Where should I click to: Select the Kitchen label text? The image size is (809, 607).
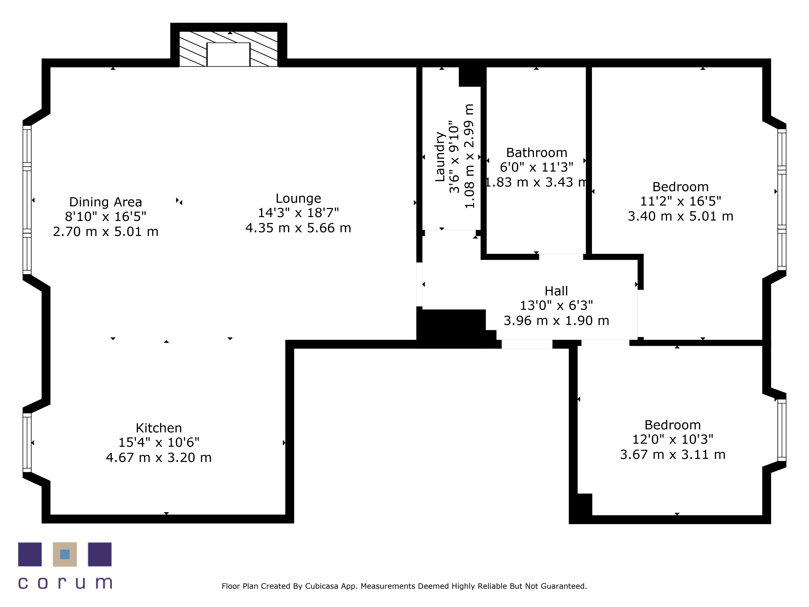pyautogui.click(x=159, y=428)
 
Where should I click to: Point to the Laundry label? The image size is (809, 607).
pyautogui.click(x=440, y=157)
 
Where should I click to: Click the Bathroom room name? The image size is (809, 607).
pyautogui.click(x=537, y=153)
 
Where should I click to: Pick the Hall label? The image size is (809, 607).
pyautogui.click(x=556, y=291)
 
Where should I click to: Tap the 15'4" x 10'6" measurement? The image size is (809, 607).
pyautogui.click(x=159, y=442)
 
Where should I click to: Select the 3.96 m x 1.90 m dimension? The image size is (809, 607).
pyautogui.click(x=556, y=320)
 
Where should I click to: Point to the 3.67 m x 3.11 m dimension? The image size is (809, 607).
pyautogui.click(x=672, y=454)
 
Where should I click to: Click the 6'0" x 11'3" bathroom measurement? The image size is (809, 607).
pyautogui.click(x=537, y=167)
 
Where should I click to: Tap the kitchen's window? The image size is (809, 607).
pyautogui.click(x=27, y=443)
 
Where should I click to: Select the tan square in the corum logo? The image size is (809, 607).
pyautogui.click(x=65, y=554)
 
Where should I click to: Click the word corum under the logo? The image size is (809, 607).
pyautogui.click(x=65, y=583)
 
